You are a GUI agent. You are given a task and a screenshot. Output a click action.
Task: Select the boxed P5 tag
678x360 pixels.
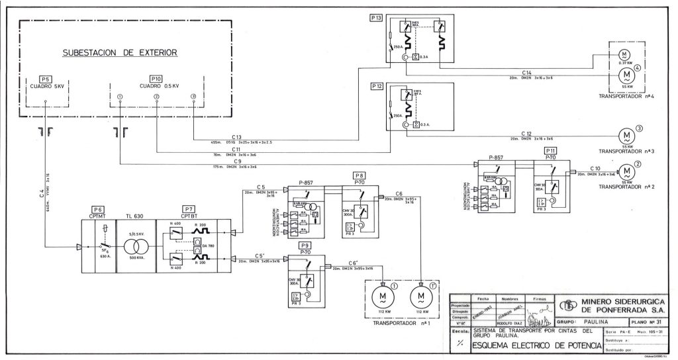[45, 78]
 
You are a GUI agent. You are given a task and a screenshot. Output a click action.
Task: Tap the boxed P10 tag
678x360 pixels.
[156, 78]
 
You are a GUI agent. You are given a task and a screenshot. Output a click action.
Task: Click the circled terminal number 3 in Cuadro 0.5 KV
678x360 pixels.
[193, 97]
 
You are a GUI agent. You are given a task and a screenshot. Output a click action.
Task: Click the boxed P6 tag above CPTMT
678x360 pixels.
[99, 208]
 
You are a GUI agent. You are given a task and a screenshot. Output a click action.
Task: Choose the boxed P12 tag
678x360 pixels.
[377, 87]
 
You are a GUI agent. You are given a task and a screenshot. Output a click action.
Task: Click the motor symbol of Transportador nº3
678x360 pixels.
[624, 136]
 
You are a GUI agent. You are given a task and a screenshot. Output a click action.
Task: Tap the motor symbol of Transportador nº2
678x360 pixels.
[624, 171]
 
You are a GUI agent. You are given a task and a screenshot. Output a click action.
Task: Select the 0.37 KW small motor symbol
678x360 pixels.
[624, 54]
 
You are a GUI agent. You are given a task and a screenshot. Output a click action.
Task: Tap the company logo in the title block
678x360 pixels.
[567, 306]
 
